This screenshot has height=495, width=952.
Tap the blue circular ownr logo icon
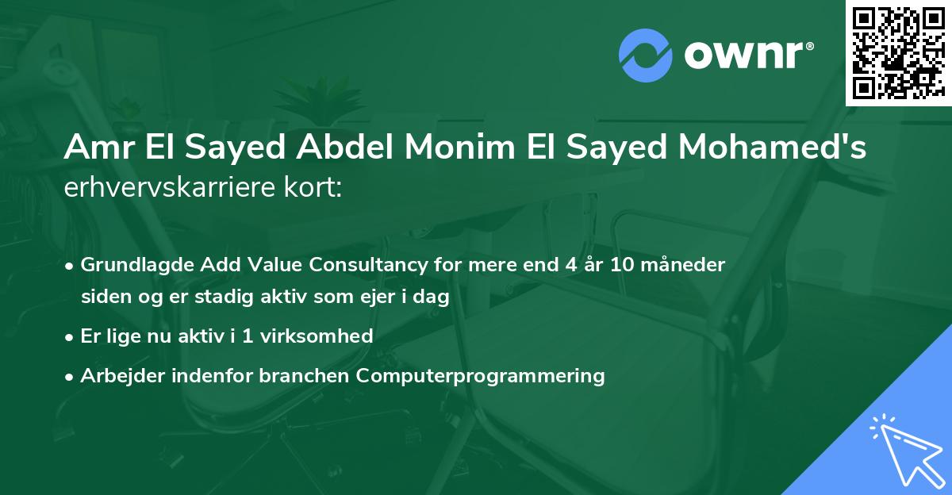click(645, 55)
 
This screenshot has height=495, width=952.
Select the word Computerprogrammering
click(481, 375)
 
